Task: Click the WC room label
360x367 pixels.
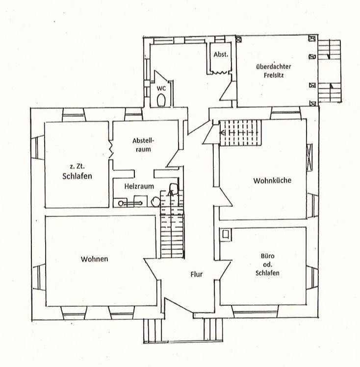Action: (x=161, y=89)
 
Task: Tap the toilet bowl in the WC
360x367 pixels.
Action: (x=161, y=100)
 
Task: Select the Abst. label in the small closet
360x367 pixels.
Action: (x=221, y=54)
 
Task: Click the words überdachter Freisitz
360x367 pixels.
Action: (x=273, y=71)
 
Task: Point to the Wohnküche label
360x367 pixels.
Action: (x=272, y=180)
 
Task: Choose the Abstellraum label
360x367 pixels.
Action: (x=143, y=145)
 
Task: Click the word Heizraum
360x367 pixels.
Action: (x=139, y=186)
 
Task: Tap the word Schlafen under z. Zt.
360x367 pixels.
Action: (x=77, y=176)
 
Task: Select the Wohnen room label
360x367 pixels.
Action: (x=94, y=259)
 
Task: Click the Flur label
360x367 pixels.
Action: (x=196, y=274)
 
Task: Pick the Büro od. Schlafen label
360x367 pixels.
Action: (x=267, y=265)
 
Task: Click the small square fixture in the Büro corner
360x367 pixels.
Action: (x=226, y=234)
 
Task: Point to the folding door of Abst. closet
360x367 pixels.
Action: (x=220, y=73)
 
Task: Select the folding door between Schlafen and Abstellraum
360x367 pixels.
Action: (x=111, y=149)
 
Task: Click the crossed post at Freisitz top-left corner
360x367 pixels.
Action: (x=238, y=40)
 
